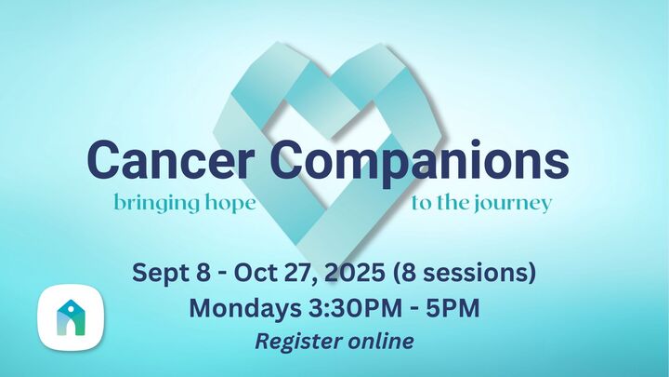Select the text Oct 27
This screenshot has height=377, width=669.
[268, 275]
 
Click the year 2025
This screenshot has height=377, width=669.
[348, 275]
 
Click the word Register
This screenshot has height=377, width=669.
[297, 341]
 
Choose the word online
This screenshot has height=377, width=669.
[380, 341]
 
